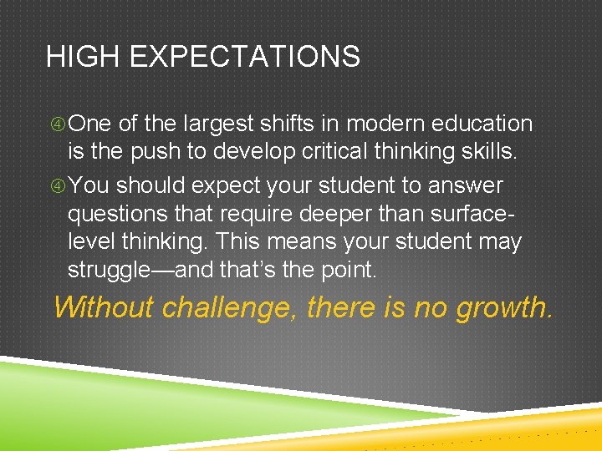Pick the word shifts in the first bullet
click(x=291, y=124)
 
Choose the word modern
click(x=385, y=124)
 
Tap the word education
click(x=482, y=124)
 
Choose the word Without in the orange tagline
click(x=103, y=307)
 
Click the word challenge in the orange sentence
click(x=229, y=308)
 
